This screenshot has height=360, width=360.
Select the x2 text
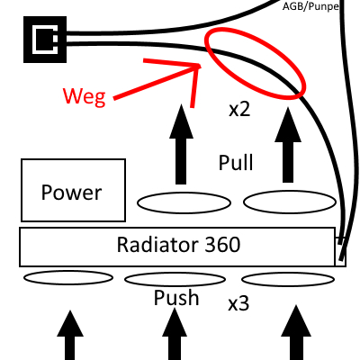coord(238,112)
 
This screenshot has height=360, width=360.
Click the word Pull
coord(236,163)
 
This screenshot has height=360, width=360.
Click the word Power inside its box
coord(72,191)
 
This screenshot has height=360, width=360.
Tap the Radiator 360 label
coord(177,245)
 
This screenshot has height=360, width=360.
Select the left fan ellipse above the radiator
coord(176,203)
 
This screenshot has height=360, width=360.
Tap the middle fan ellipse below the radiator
coord(175,279)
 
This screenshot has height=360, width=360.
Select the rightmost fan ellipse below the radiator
coord(288,279)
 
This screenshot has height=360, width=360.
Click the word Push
coord(176,298)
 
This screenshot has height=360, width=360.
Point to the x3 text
coord(238,304)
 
